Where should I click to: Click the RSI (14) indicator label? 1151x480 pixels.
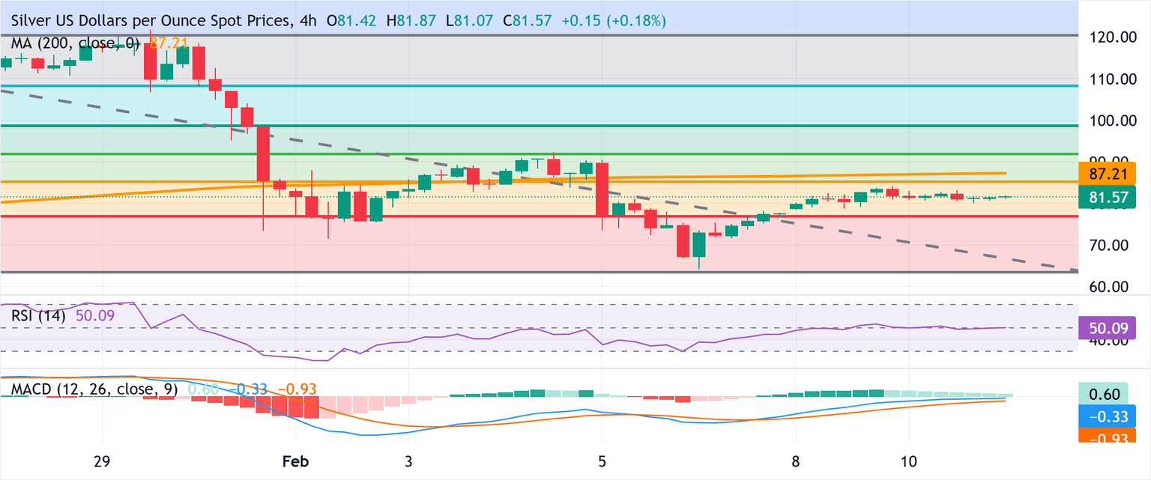tap(38, 316)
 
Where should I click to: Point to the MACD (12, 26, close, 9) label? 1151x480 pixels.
tap(93, 389)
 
